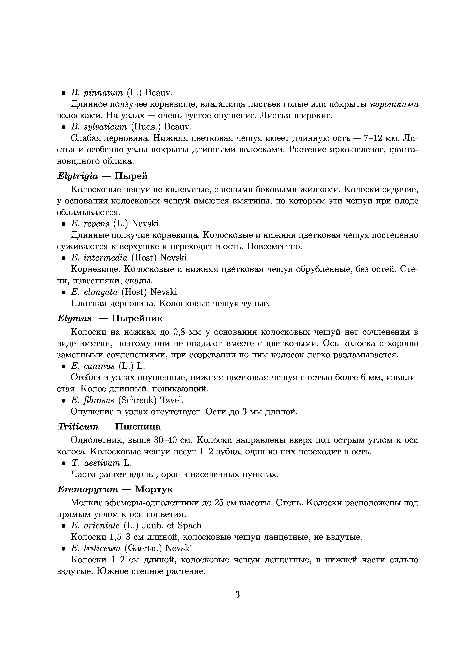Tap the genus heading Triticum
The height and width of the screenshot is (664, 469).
(78, 427)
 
